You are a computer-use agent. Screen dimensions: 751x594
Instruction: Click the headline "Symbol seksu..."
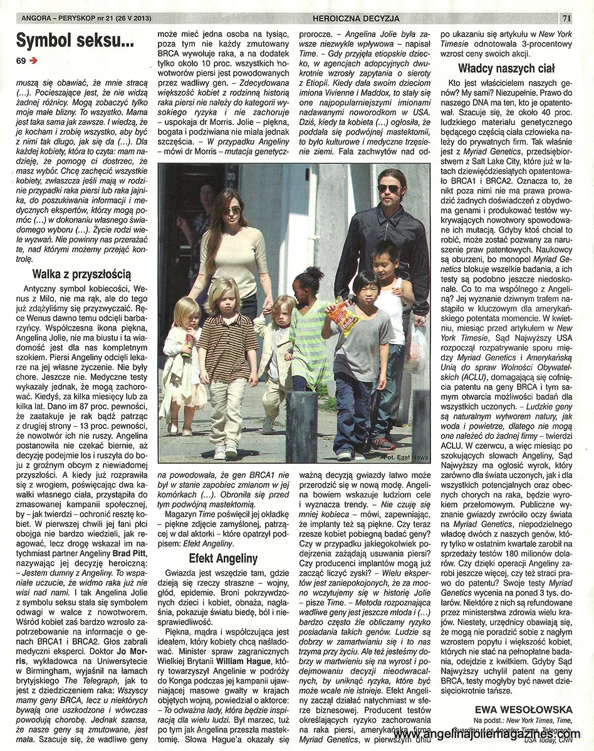75,41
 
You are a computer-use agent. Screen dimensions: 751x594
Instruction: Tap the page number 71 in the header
566,18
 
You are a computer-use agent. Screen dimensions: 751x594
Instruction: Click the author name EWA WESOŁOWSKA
523,709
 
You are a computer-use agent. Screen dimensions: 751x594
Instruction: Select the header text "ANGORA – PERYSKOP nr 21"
63,18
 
